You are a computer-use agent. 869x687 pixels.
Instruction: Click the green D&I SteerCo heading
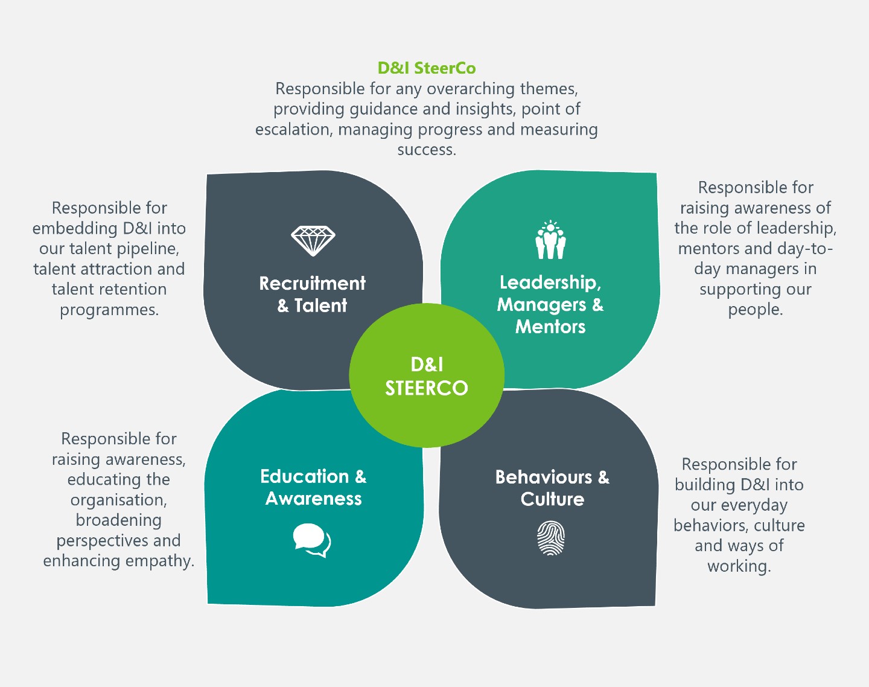click(427, 68)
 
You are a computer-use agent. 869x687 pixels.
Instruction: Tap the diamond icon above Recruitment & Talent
click(313, 241)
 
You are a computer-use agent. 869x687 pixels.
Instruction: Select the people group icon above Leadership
click(550, 240)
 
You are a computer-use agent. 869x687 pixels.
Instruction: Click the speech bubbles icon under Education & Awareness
click(312, 540)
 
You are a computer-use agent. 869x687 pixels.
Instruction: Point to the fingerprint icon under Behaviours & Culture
click(551, 538)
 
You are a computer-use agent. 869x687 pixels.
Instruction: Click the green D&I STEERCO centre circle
click(427, 375)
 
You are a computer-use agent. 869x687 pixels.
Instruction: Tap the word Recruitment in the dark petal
click(313, 283)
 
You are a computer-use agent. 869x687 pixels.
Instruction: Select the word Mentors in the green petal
click(550, 327)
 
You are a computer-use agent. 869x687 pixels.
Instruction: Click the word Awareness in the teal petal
click(314, 499)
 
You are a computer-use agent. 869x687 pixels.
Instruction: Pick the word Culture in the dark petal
click(552, 499)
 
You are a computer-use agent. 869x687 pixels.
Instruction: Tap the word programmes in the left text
click(109, 310)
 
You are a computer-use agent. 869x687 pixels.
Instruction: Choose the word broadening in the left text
click(118, 520)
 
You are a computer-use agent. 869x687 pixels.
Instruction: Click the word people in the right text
click(754, 310)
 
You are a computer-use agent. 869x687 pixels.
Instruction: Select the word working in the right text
click(739, 566)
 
